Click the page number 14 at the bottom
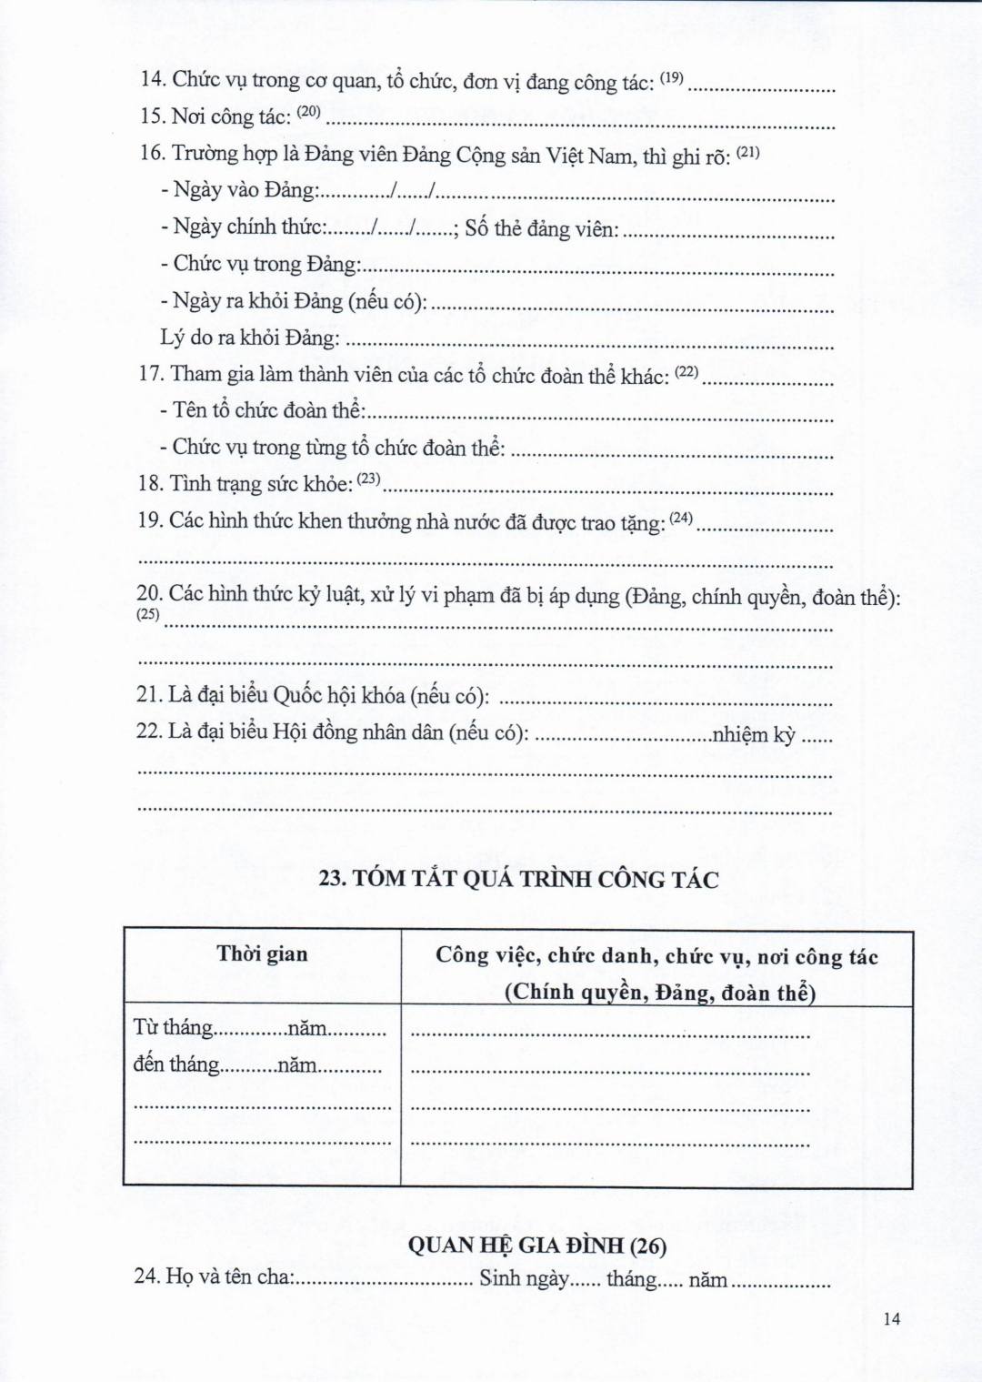(x=891, y=1319)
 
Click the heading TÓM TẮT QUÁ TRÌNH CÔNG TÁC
(x=518, y=880)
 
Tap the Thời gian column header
(x=262, y=953)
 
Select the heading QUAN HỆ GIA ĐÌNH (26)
(x=536, y=1246)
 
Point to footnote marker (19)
(x=671, y=78)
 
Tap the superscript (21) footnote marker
(x=747, y=152)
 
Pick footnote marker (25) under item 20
(x=147, y=614)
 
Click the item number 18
(x=150, y=484)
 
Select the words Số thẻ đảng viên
(x=542, y=228)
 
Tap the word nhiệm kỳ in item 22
(x=754, y=734)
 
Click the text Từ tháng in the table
(x=173, y=1028)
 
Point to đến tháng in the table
(x=176, y=1064)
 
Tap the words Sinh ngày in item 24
(x=525, y=1278)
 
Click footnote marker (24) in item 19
(x=681, y=519)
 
